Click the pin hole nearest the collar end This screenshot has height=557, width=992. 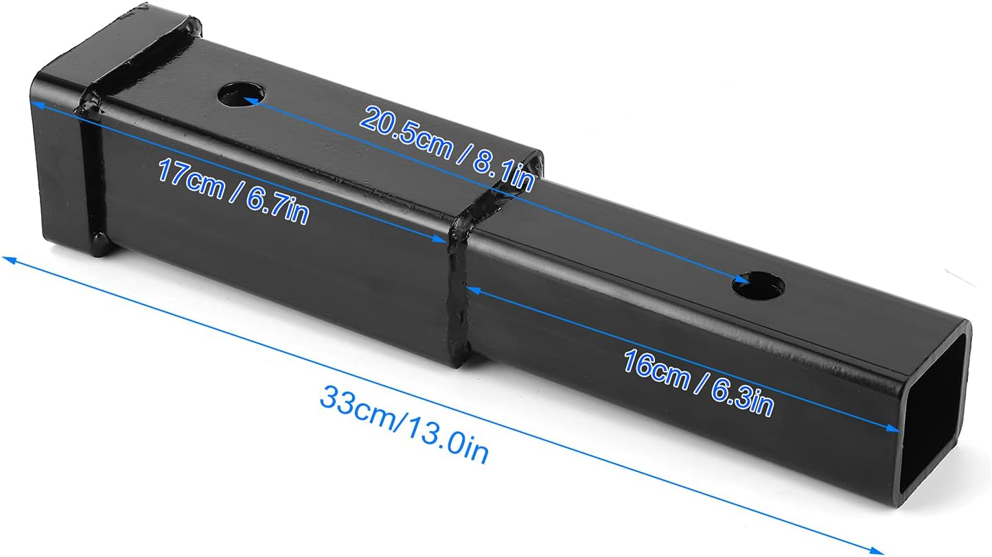[x=242, y=95]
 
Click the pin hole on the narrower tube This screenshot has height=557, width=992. [x=759, y=283]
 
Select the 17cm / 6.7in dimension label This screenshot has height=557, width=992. [x=233, y=190]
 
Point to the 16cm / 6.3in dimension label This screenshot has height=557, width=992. [x=698, y=382]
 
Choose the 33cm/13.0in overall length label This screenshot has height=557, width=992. [x=404, y=424]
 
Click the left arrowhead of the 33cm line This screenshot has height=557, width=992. [x=7, y=259]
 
